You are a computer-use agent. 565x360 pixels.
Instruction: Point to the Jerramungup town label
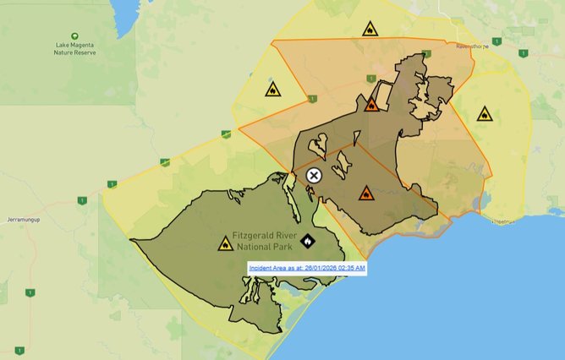(x=25, y=219)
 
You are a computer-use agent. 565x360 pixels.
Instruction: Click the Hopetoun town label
(x=506, y=221)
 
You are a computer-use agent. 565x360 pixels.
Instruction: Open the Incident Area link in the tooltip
(x=307, y=268)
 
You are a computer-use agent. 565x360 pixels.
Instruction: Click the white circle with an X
(x=314, y=176)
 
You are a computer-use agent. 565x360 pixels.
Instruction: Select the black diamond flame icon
(x=306, y=242)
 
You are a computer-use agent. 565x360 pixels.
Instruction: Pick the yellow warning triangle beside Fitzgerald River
(x=225, y=245)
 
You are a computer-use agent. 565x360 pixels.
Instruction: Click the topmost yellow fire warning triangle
(x=370, y=30)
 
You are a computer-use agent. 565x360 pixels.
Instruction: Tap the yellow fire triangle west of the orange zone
(x=273, y=89)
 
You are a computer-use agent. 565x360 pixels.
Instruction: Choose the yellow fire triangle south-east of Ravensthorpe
(x=485, y=114)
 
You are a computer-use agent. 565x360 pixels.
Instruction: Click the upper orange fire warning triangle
(x=370, y=106)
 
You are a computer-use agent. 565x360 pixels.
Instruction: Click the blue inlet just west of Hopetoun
(x=483, y=203)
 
